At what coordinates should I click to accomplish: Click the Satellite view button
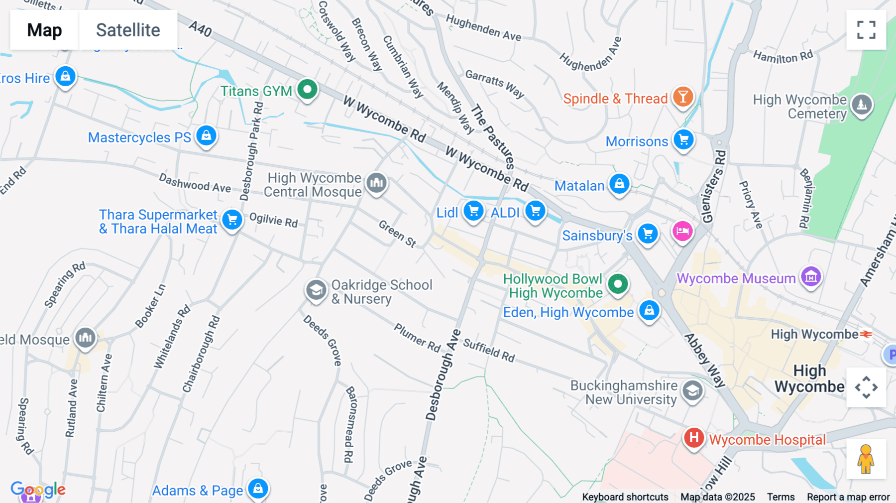coord(128,30)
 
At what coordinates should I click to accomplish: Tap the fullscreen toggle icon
coord(866,30)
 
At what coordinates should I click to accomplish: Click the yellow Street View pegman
coord(866,459)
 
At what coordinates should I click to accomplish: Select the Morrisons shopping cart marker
coord(683,140)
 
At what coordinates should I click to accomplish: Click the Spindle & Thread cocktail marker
coord(683,97)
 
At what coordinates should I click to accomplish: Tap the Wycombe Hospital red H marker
coord(693,438)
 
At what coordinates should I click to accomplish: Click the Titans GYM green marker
coord(308,90)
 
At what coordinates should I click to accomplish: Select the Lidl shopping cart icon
coord(473,211)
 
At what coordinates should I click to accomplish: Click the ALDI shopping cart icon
coord(535,211)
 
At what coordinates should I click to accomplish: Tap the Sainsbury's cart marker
coord(648,233)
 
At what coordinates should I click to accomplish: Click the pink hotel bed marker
coord(682,231)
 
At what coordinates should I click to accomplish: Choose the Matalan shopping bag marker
coord(619,184)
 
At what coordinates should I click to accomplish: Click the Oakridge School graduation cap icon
coord(316,289)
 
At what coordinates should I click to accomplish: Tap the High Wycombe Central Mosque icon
coord(377,183)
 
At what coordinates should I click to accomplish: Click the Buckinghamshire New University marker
coord(692,391)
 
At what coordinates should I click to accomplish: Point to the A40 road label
coord(200,29)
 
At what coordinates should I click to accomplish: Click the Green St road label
coord(397,234)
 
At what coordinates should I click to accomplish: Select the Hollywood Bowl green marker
coord(618,284)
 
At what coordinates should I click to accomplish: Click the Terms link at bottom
coord(781,497)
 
